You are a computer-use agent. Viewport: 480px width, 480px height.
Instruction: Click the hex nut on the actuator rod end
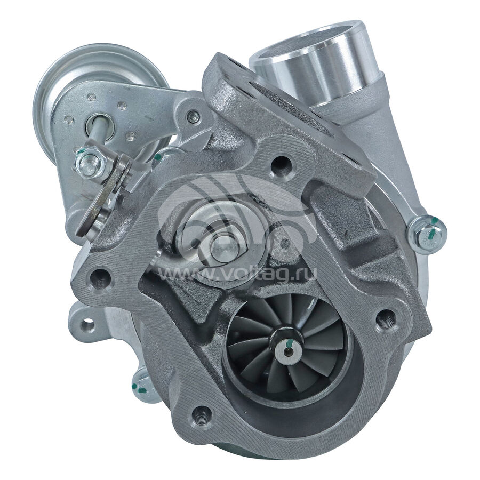click(91, 161)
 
